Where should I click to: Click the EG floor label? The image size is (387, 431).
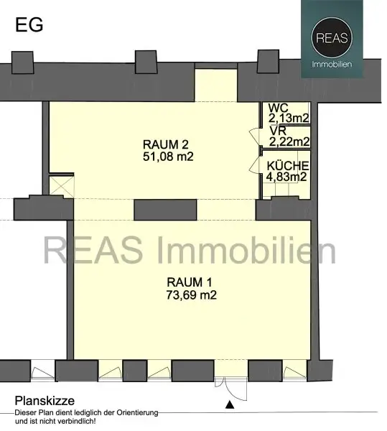29,24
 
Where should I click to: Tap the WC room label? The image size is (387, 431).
276,108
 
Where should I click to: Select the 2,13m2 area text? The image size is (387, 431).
289,119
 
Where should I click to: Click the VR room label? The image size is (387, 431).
276,131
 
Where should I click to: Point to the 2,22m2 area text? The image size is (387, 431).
289,142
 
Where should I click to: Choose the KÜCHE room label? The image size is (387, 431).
287,164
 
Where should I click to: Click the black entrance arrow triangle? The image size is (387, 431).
229,405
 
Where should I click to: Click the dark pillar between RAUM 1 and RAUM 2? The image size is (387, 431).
164,208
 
